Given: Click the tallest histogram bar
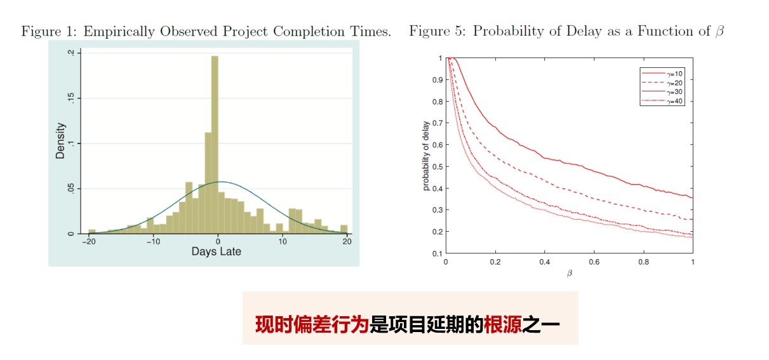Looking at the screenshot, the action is tap(215, 145).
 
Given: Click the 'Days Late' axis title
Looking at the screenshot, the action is tap(217, 251).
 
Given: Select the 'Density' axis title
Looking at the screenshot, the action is tap(60, 141).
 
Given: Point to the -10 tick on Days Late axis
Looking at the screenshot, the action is tap(154, 242).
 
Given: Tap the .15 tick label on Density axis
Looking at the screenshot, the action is tap(70, 98).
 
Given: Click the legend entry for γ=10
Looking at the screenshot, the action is tap(662, 74).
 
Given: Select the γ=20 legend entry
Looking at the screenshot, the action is tap(662, 83).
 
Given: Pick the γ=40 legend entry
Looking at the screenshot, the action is tap(662, 101).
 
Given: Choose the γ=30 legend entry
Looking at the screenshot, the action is tap(662, 92).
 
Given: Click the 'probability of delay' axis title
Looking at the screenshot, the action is tap(425, 156).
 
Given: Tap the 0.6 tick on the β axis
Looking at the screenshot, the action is tap(594, 262).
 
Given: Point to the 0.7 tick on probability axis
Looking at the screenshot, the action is tap(438, 123).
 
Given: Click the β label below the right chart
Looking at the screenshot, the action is tap(570, 273).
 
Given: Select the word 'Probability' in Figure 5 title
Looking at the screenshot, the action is tap(508, 32).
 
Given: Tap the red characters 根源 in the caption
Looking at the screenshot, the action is tap(502, 324).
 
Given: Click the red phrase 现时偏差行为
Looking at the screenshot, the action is tap(312, 324).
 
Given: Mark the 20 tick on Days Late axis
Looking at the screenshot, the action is tap(347, 242).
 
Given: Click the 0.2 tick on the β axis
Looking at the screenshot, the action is tap(495, 262).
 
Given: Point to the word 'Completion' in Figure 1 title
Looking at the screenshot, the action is tap(309, 32).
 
